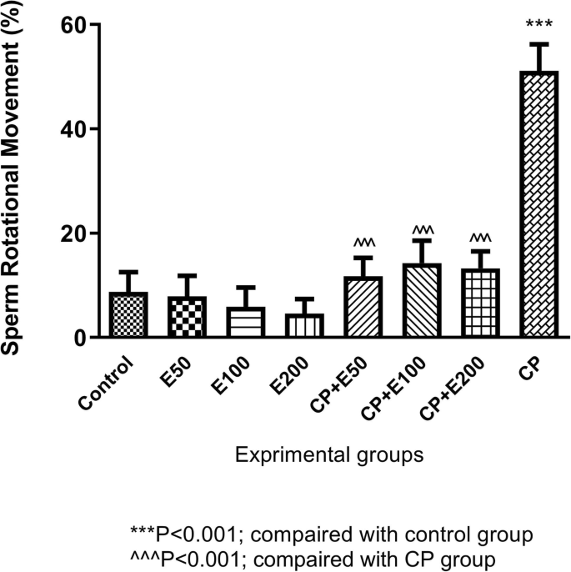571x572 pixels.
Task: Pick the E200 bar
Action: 304,325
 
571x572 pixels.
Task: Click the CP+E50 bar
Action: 363,307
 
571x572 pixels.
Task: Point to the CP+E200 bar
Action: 479,304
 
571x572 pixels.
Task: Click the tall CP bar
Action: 538,204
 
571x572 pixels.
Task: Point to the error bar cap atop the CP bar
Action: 538,43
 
